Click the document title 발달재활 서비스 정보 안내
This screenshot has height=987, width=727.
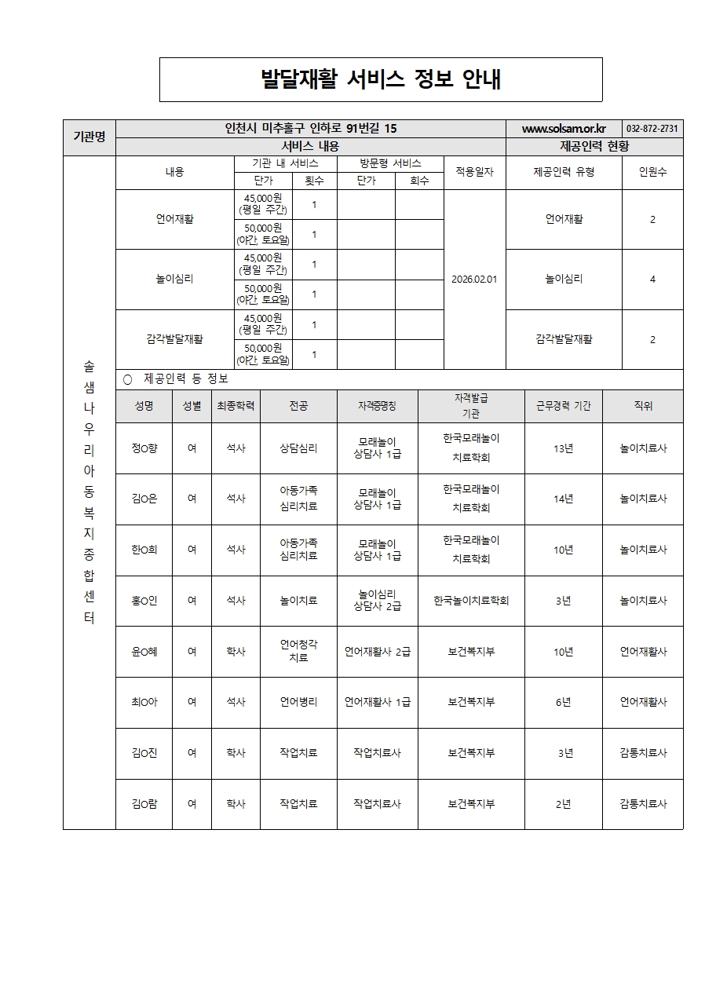[x=381, y=79]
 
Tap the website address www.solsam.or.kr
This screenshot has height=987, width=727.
[x=564, y=129]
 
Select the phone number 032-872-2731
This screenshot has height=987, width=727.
[x=652, y=129]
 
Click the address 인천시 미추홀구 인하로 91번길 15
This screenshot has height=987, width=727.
[x=310, y=129]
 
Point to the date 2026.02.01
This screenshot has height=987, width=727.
[x=474, y=279]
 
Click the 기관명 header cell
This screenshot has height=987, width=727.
[x=90, y=137]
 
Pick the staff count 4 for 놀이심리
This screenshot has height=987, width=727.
[x=652, y=279]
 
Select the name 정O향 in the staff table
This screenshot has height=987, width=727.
[x=144, y=448]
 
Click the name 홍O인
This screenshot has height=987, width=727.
[x=144, y=601]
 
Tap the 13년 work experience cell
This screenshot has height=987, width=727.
[x=563, y=448]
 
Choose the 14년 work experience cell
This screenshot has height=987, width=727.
[x=563, y=499]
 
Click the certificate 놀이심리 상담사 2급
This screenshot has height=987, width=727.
[x=377, y=601]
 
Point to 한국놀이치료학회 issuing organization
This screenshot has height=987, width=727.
[x=471, y=601]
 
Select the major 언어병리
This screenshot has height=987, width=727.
[x=298, y=702]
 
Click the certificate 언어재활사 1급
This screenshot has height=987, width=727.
[x=377, y=702]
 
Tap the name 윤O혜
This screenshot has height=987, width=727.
[x=144, y=652]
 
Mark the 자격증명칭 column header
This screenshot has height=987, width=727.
[x=377, y=406]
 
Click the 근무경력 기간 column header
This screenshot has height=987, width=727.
[x=563, y=406]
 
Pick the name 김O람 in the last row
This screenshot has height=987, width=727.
[x=144, y=804]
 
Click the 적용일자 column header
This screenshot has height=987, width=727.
[x=474, y=172]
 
